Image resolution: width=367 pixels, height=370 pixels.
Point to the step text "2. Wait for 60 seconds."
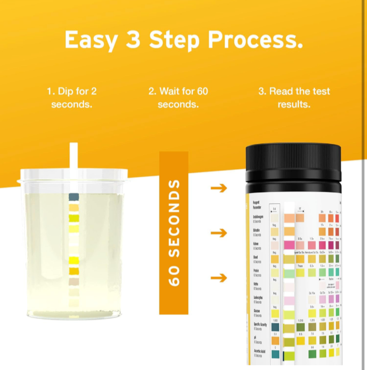(x=178, y=98)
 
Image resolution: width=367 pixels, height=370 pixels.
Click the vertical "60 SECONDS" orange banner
(x=173, y=233)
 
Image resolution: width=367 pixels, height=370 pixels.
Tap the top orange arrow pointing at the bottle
(x=219, y=188)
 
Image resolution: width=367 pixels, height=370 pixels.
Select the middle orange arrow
(x=219, y=233)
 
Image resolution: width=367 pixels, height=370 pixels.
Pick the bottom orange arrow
(x=219, y=278)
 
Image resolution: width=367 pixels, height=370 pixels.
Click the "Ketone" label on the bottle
(x=259, y=244)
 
